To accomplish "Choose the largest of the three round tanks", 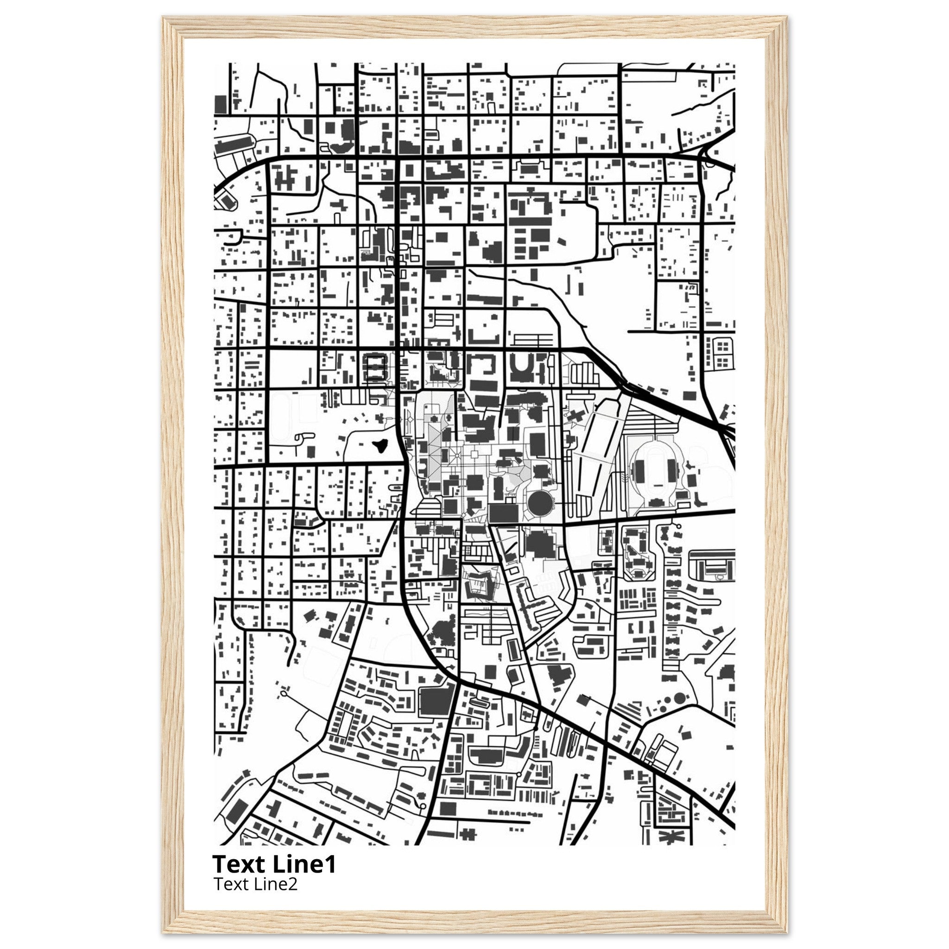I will [x=679, y=697].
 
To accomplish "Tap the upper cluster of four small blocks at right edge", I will [x=722, y=347].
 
